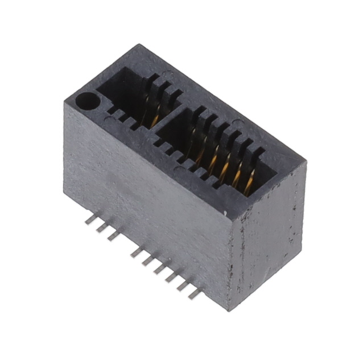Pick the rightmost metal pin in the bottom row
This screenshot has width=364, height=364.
pyautogui.click(x=194, y=293)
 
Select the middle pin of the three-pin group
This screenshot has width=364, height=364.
pyautogui.click(x=101, y=227)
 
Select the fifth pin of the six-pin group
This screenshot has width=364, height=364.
pyautogui.click(x=181, y=284)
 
